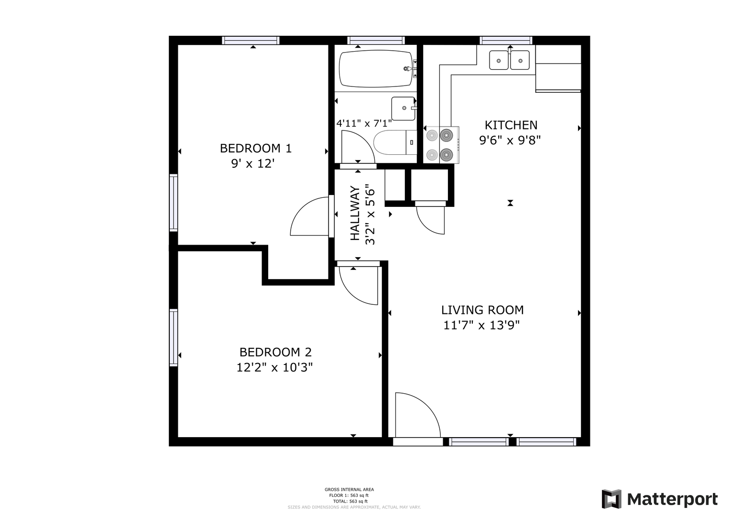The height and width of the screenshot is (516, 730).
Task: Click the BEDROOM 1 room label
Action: [x=256, y=149]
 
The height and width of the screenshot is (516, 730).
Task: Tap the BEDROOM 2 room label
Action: [x=275, y=352]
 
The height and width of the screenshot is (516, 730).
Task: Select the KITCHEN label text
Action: [x=511, y=125]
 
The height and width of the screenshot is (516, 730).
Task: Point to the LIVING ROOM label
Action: [x=482, y=310]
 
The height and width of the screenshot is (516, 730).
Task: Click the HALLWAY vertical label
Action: [x=355, y=213]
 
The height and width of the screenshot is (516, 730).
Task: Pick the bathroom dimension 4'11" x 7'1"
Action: [x=364, y=123]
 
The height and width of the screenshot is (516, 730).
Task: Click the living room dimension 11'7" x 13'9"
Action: [x=481, y=325]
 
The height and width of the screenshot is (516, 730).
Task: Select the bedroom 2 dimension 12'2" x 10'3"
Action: [x=274, y=367]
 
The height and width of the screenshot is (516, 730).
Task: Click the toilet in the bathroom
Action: [x=395, y=142]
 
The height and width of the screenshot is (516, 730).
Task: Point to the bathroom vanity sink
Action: [x=403, y=108]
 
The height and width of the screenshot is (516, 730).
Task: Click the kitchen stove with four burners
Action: [x=441, y=145]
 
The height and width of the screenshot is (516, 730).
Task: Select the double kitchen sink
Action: [x=509, y=60]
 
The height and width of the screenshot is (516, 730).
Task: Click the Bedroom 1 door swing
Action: [x=310, y=216]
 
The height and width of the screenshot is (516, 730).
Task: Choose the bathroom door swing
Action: [x=358, y=147]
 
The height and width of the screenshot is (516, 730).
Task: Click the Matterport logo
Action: [x=659, y=499]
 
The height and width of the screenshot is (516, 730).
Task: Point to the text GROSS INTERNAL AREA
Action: [x=349, y=490]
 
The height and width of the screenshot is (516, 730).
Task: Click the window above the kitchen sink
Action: [x=506, y=41]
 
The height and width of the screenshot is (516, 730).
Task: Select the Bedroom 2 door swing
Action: [x=359, y=286]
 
